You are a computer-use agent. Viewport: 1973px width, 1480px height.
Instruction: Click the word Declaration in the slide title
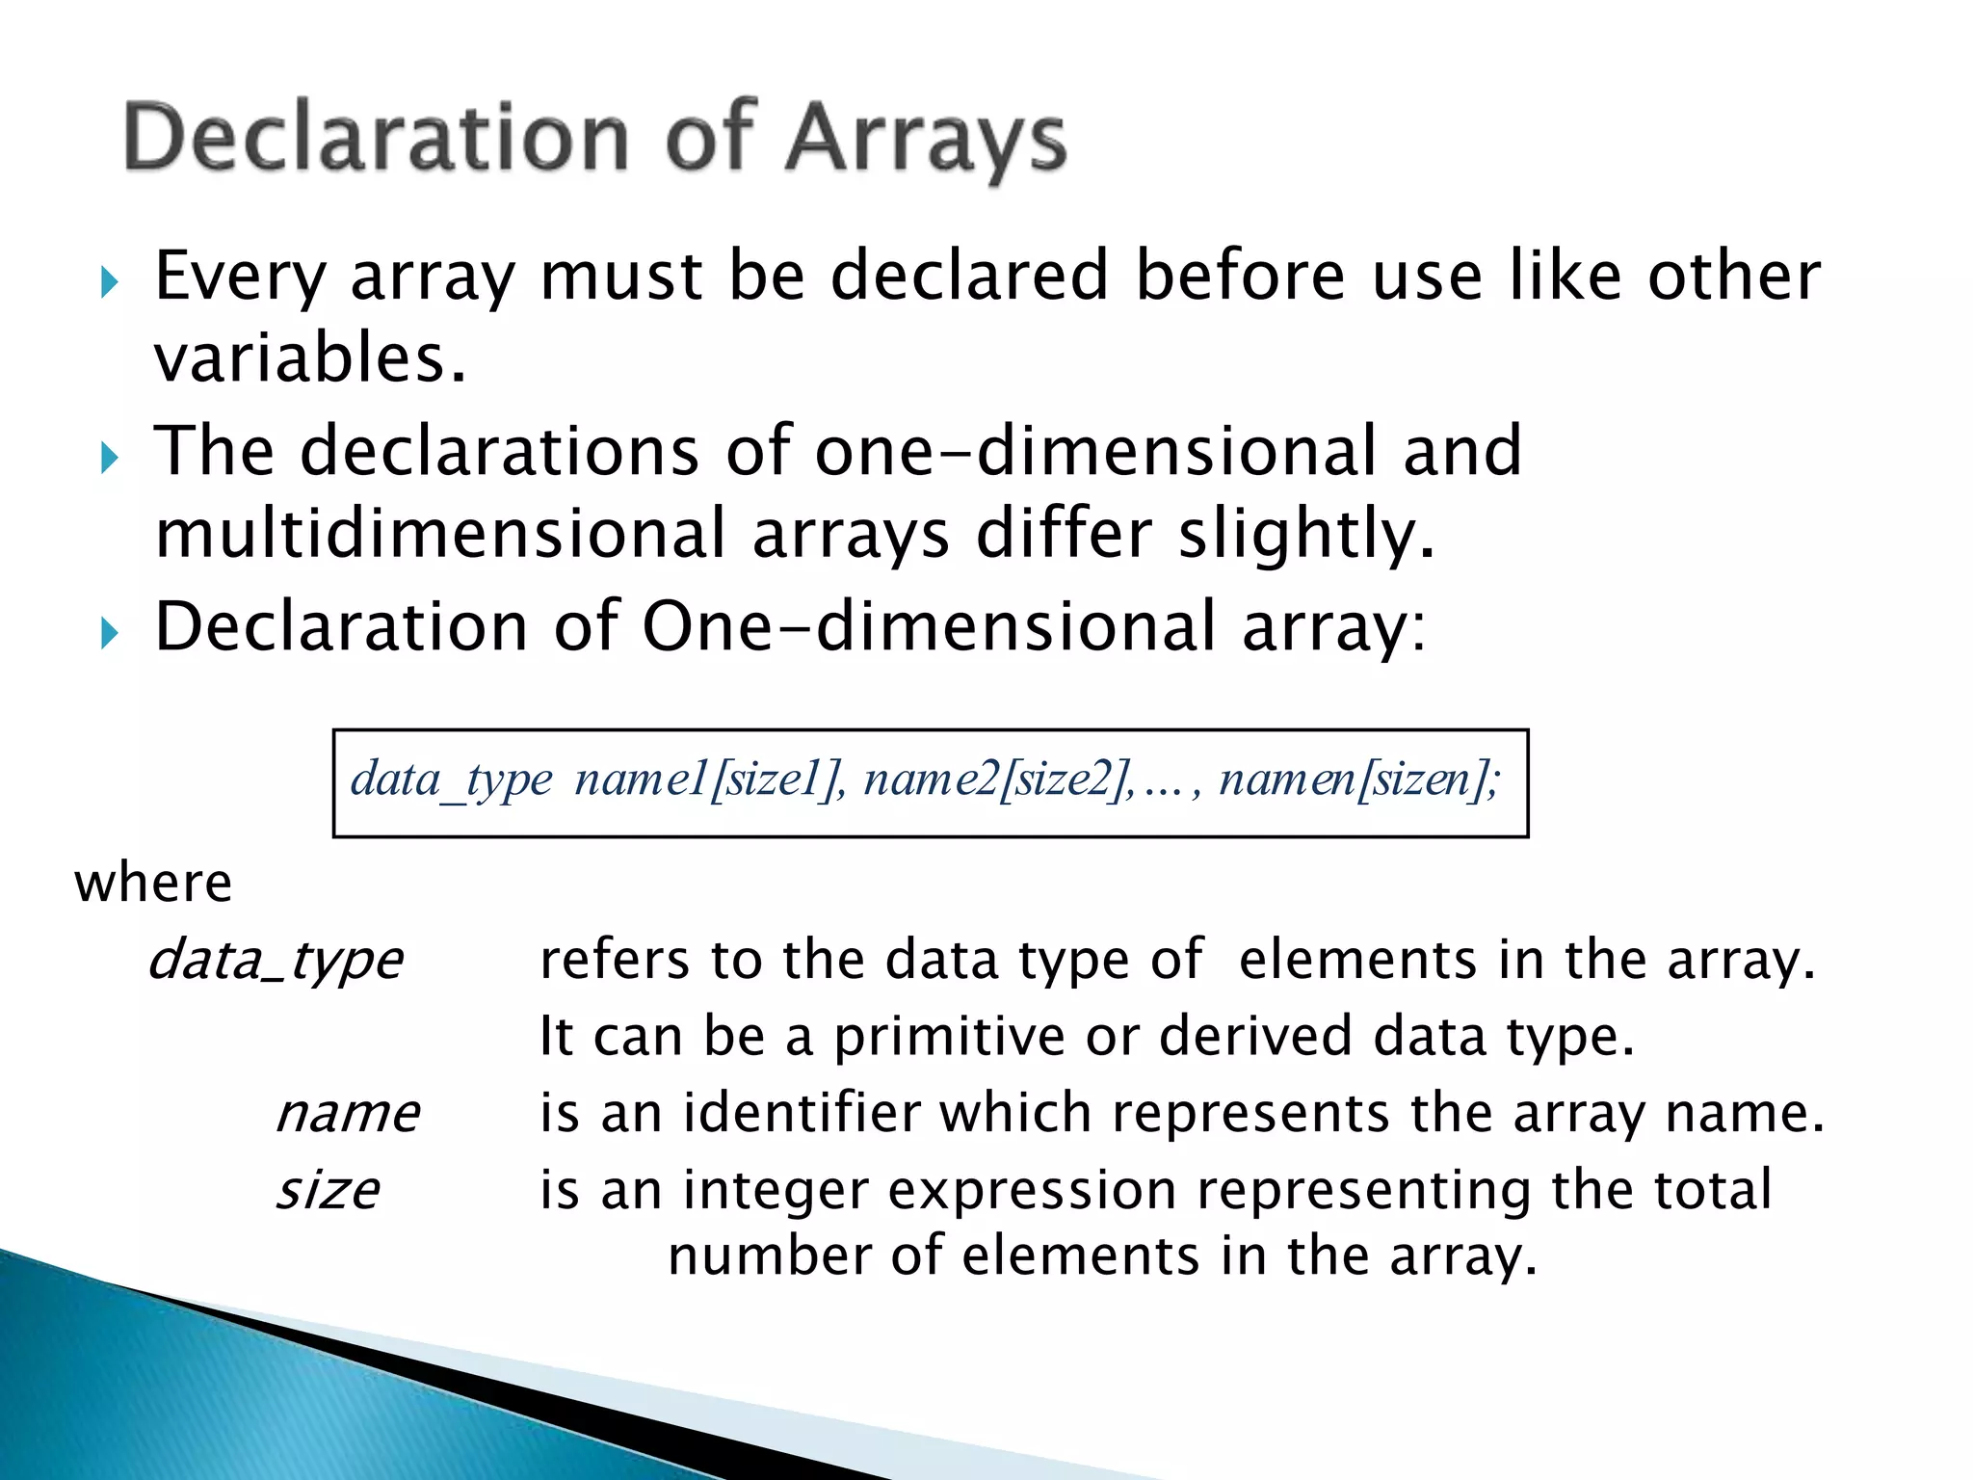click(377, 138)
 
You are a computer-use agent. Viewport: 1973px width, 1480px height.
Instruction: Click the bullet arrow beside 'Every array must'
click(109, 282)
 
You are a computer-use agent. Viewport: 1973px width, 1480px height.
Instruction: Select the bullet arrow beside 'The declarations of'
click(109, 457)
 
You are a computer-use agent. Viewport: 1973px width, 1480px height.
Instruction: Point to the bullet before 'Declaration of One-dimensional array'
click(109, 632)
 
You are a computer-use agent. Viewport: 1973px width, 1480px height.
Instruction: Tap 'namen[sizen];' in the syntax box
click(1359, 780)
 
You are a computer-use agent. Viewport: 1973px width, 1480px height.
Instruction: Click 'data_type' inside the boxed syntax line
click(451, 780)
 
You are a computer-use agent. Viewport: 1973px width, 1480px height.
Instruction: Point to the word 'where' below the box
click(153, 883)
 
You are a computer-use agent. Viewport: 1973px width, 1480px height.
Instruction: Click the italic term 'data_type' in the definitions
click(276, 961)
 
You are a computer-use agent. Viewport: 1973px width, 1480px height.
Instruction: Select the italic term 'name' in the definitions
click(348, 1114)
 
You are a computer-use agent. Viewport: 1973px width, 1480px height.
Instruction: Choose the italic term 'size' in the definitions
click(328, 1191)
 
